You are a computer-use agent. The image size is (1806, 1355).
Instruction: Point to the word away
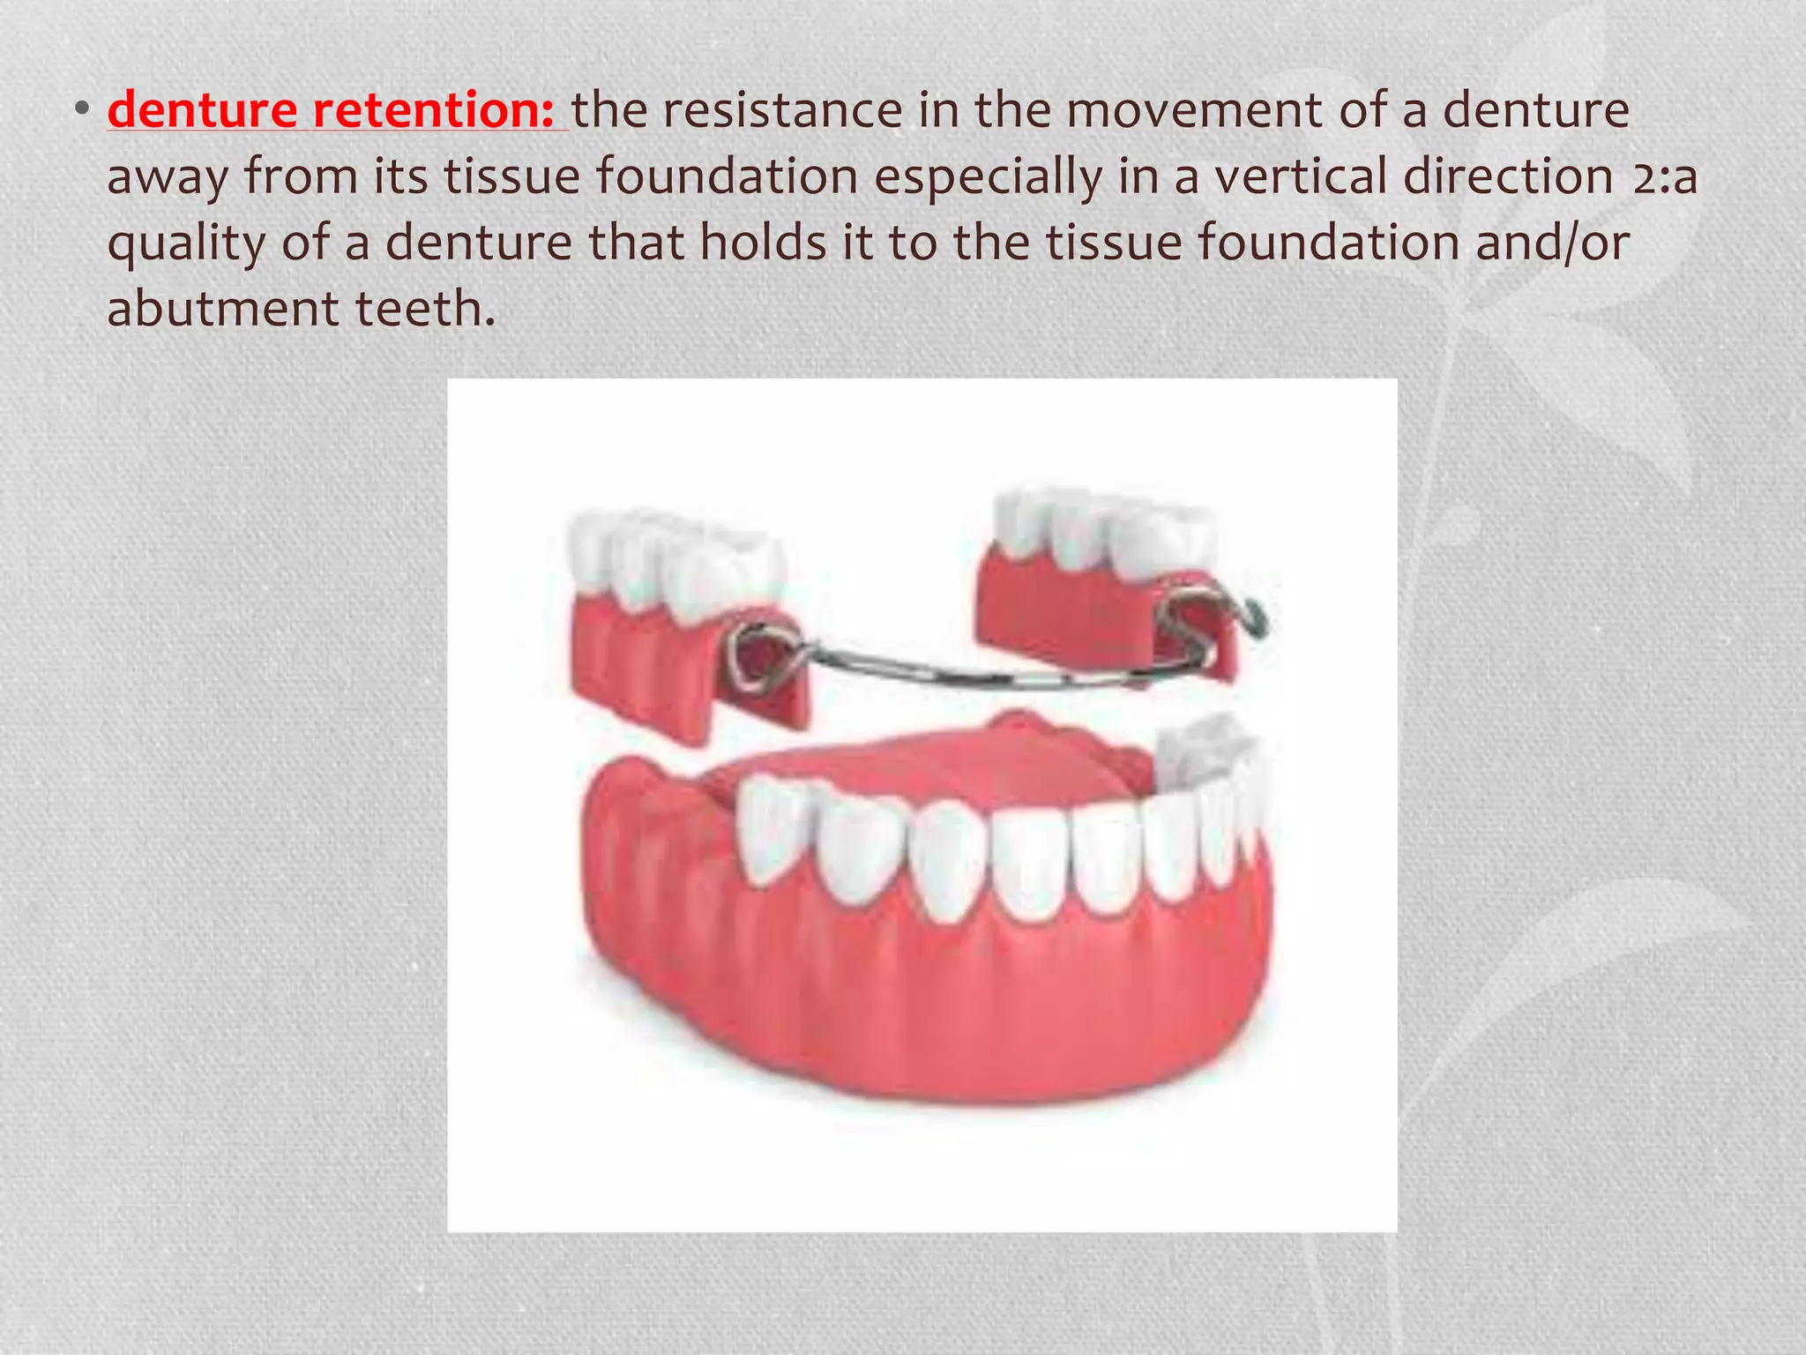pos(167,176)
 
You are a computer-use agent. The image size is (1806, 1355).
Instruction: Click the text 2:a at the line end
pos(1664,176)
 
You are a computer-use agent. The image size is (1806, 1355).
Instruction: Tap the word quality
pos(185,243)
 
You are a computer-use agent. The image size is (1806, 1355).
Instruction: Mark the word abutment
pos(222,310)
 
